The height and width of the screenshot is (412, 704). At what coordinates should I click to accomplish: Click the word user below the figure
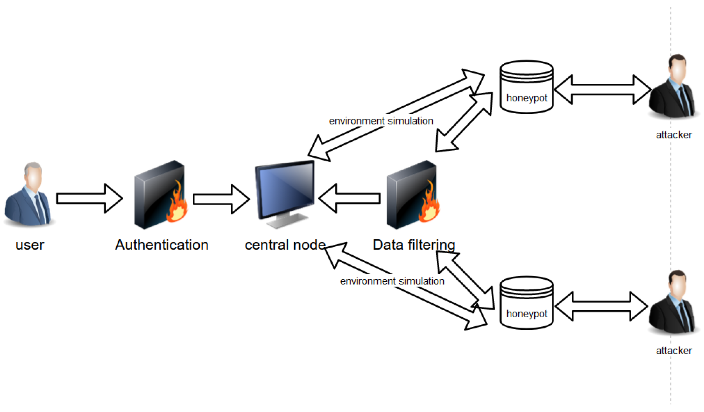(x=30, y=245)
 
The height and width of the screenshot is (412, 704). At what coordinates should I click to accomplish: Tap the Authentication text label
(x=162, y=245)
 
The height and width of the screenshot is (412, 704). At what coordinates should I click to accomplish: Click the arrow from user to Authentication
(x=90, y=198)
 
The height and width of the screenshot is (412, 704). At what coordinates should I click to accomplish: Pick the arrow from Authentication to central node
(x=221, y=199)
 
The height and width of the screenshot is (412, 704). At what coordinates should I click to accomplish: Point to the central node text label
(x=285, y=245)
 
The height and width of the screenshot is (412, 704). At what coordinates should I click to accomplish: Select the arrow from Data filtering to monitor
(x=349, y=198)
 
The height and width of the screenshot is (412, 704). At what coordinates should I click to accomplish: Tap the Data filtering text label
(x=414, y=245)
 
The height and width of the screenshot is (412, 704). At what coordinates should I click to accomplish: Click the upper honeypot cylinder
(x=526, y=87)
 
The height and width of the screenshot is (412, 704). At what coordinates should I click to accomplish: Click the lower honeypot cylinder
(x=526, y=303)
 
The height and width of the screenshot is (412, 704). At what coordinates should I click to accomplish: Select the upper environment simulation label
(x=381, y=121)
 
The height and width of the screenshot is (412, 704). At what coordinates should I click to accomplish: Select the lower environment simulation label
(x=392, y=281)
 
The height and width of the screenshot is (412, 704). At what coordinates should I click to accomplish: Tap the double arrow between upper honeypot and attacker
(x=602, y=90)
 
